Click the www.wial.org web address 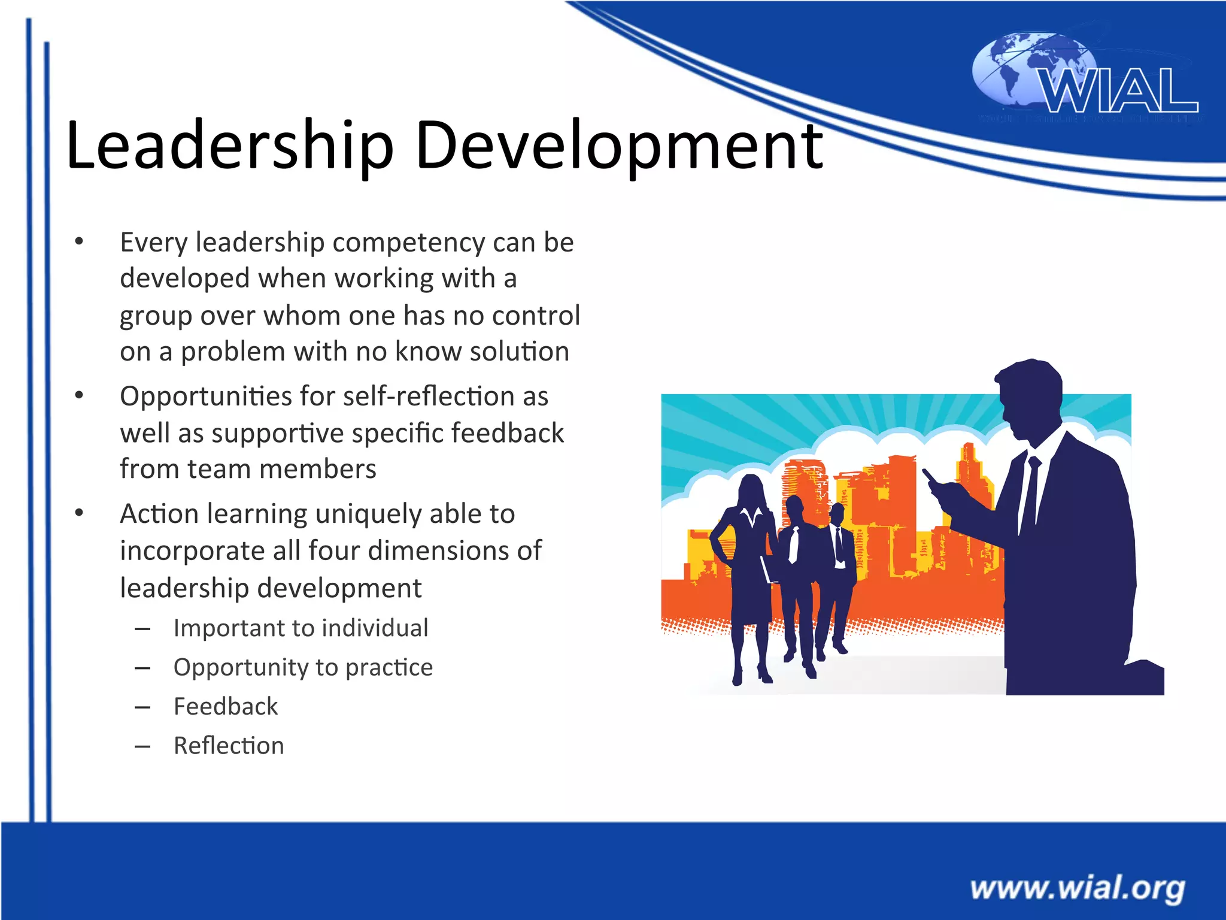(x=1078, y=888)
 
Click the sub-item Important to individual (x=301, y=628)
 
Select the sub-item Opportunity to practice (x=303, y=667)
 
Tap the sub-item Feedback (x=226, y=707)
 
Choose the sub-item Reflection (x=229, y=746)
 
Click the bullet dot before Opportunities (x=79, y=395)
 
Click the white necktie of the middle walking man (x=794, y=544)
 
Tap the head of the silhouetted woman (x=752, y=488)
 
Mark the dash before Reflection (x=142, y=746)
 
